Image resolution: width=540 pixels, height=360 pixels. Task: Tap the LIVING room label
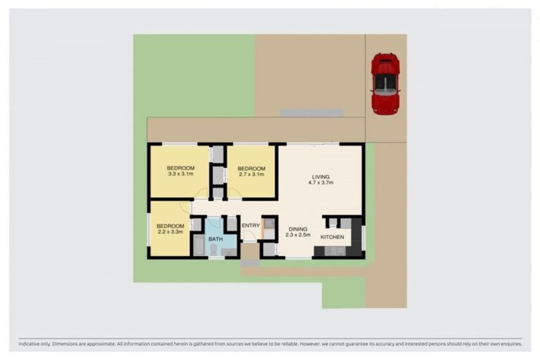click(321, 176)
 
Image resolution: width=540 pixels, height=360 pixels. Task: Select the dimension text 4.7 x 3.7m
click(321, 183)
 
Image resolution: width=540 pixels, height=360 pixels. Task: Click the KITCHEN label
click(333, 238)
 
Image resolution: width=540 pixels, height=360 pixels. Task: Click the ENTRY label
click(250, 225)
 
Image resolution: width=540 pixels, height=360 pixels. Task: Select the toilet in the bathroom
click(214, 249)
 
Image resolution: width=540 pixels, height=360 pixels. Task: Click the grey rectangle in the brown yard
click(311, 112)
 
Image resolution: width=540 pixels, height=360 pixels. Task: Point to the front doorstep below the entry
click(250, 264)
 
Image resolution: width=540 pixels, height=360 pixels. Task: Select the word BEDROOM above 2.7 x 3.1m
click(251, 169)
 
